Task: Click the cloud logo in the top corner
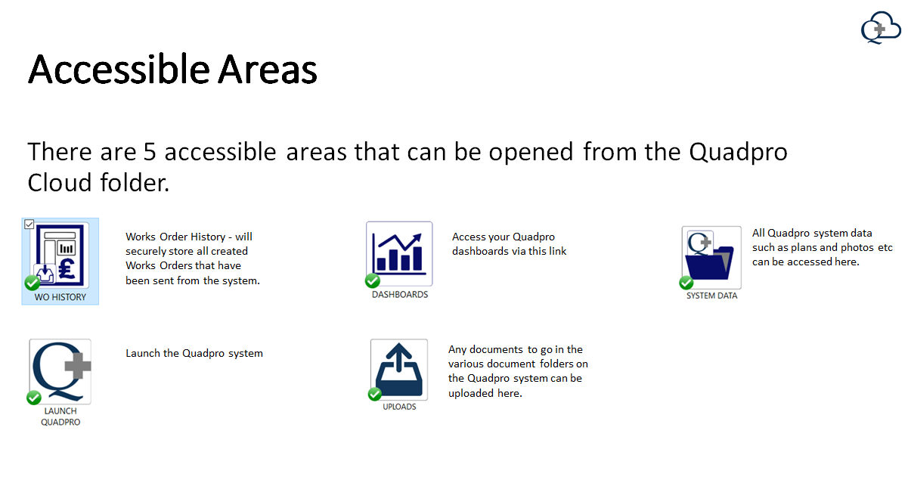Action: (x=881, y=27)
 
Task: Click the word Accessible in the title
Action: (x=119, y=70)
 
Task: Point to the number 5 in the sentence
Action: (x=150, y=152)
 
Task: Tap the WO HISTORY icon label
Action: (x=60, y=297)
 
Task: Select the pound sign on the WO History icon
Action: (x=67, y=269)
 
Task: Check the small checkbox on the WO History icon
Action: (x=29, y=225)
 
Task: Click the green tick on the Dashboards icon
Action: (x=373, y=280)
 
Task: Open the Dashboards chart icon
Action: (x=399, y=254)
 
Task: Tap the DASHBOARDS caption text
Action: (x=400, y=294)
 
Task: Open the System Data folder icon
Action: (x=711, y=258)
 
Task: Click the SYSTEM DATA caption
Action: (x=711, y=296)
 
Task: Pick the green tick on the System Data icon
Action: (x=686, y=283)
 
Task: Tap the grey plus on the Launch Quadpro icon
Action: (x=78, y=366)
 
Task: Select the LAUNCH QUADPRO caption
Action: (x=60, y=417)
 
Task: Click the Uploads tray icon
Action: (x=399, y=370)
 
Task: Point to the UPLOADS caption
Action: (x=399, y=407)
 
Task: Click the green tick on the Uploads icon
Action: (x=374, y=394)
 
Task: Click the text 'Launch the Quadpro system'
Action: (x=194, y=354)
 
